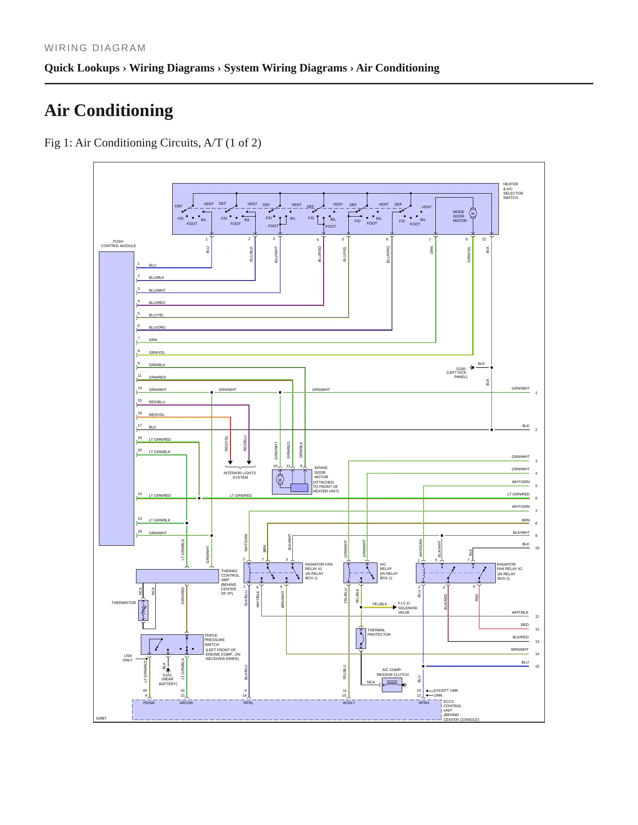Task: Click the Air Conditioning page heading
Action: pos(109,110)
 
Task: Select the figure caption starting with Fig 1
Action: pos(153,143)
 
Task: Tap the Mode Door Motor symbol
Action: pos(473,214)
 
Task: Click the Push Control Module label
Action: pos(118,244)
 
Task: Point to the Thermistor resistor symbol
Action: pos(143,611)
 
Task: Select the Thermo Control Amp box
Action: pos(177,576)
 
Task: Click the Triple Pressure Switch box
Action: pos(172,645)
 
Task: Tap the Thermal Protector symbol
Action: pos(361,638)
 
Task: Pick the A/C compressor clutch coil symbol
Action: pos(392,685)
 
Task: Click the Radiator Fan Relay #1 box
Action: pos(273,573)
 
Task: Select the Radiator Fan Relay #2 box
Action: pos(456,573)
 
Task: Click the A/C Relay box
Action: pos(360,573)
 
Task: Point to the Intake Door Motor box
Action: pos(292,482)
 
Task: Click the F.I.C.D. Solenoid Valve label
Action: pos(408,608)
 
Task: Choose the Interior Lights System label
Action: pos(240,475)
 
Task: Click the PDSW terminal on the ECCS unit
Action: pos(149,703)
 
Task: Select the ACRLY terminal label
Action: pos(349,703)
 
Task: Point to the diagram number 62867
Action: pos(102,718)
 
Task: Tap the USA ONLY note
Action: pos(128,658)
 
